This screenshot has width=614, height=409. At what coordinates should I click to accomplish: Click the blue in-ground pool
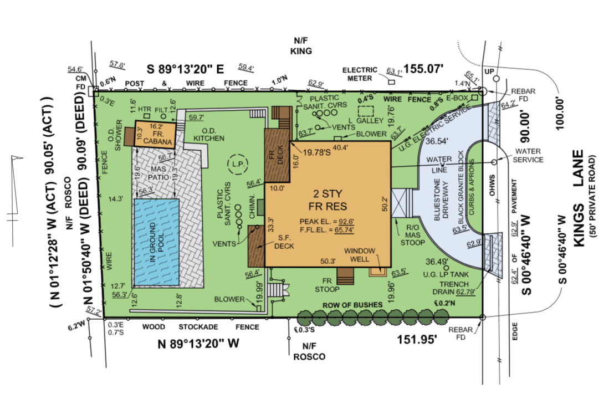click(157, 242)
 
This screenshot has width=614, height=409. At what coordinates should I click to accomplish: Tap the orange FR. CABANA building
click(155, 134)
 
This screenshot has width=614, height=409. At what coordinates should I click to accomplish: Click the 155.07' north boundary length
click(423, 69)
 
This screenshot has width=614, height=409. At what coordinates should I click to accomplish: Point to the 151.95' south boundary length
click(417, 339)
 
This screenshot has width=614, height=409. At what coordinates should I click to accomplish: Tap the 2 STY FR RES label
click(328, 200)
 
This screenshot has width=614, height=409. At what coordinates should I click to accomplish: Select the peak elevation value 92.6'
click(346, 221)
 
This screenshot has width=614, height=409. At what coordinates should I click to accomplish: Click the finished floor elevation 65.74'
click(344, 230)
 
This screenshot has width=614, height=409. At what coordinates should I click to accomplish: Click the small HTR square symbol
click(147, 116)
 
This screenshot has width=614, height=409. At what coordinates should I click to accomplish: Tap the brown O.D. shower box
click(130, 137)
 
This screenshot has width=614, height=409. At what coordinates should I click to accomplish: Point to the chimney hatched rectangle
click(261, 207)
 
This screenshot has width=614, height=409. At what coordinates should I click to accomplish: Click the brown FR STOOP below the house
click(345, 276)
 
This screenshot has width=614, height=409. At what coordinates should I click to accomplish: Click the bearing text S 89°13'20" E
click(185, 69)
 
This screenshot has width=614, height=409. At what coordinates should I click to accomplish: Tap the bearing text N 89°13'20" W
click(198, 344)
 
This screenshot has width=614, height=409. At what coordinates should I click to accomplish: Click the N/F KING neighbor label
click(301, 46)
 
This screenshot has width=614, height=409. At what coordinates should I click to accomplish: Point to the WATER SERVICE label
click(528, 156)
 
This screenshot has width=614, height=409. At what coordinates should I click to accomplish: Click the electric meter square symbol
click(391, 82)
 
